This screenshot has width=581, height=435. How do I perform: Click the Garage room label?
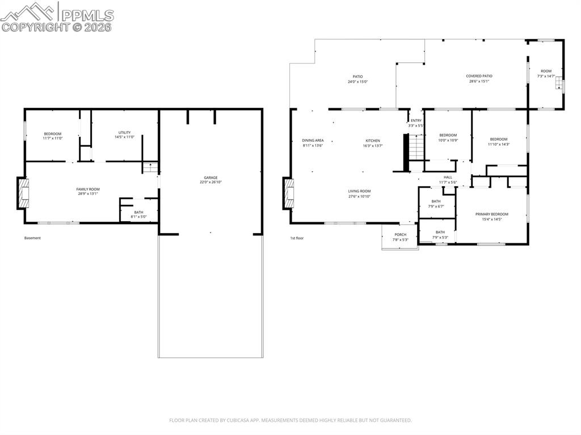(x=210, y=178)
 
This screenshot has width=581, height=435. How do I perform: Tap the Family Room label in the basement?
(x=88, y=189)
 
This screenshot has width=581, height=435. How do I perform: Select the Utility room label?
(x=125, y=133)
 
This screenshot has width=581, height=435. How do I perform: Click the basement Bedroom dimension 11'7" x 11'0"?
(x=52, y=138)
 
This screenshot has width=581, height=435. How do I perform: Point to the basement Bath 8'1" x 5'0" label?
(x=138, y=216)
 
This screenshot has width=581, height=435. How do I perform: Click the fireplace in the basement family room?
(x=23, y=193)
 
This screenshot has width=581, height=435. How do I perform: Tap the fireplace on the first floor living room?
(x=289, y=193)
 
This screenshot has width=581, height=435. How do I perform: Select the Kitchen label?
(x=372, y=141)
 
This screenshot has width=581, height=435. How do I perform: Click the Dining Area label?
(x=313, y=141)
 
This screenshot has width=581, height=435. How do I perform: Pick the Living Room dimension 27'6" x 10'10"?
(x=359, y=196)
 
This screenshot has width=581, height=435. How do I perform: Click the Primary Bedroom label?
(x=491, y=214)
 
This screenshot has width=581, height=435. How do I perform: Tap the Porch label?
(x=400, y=235)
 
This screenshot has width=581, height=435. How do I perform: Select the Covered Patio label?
(x=479, y=76)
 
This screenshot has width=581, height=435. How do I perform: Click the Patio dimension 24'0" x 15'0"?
(x=357, y=82)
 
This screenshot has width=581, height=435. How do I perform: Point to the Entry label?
(x=416, y=120)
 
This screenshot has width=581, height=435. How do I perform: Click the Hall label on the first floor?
(x=448, y=178)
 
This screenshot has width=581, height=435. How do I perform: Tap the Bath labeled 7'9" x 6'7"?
(x=436, y=204)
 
